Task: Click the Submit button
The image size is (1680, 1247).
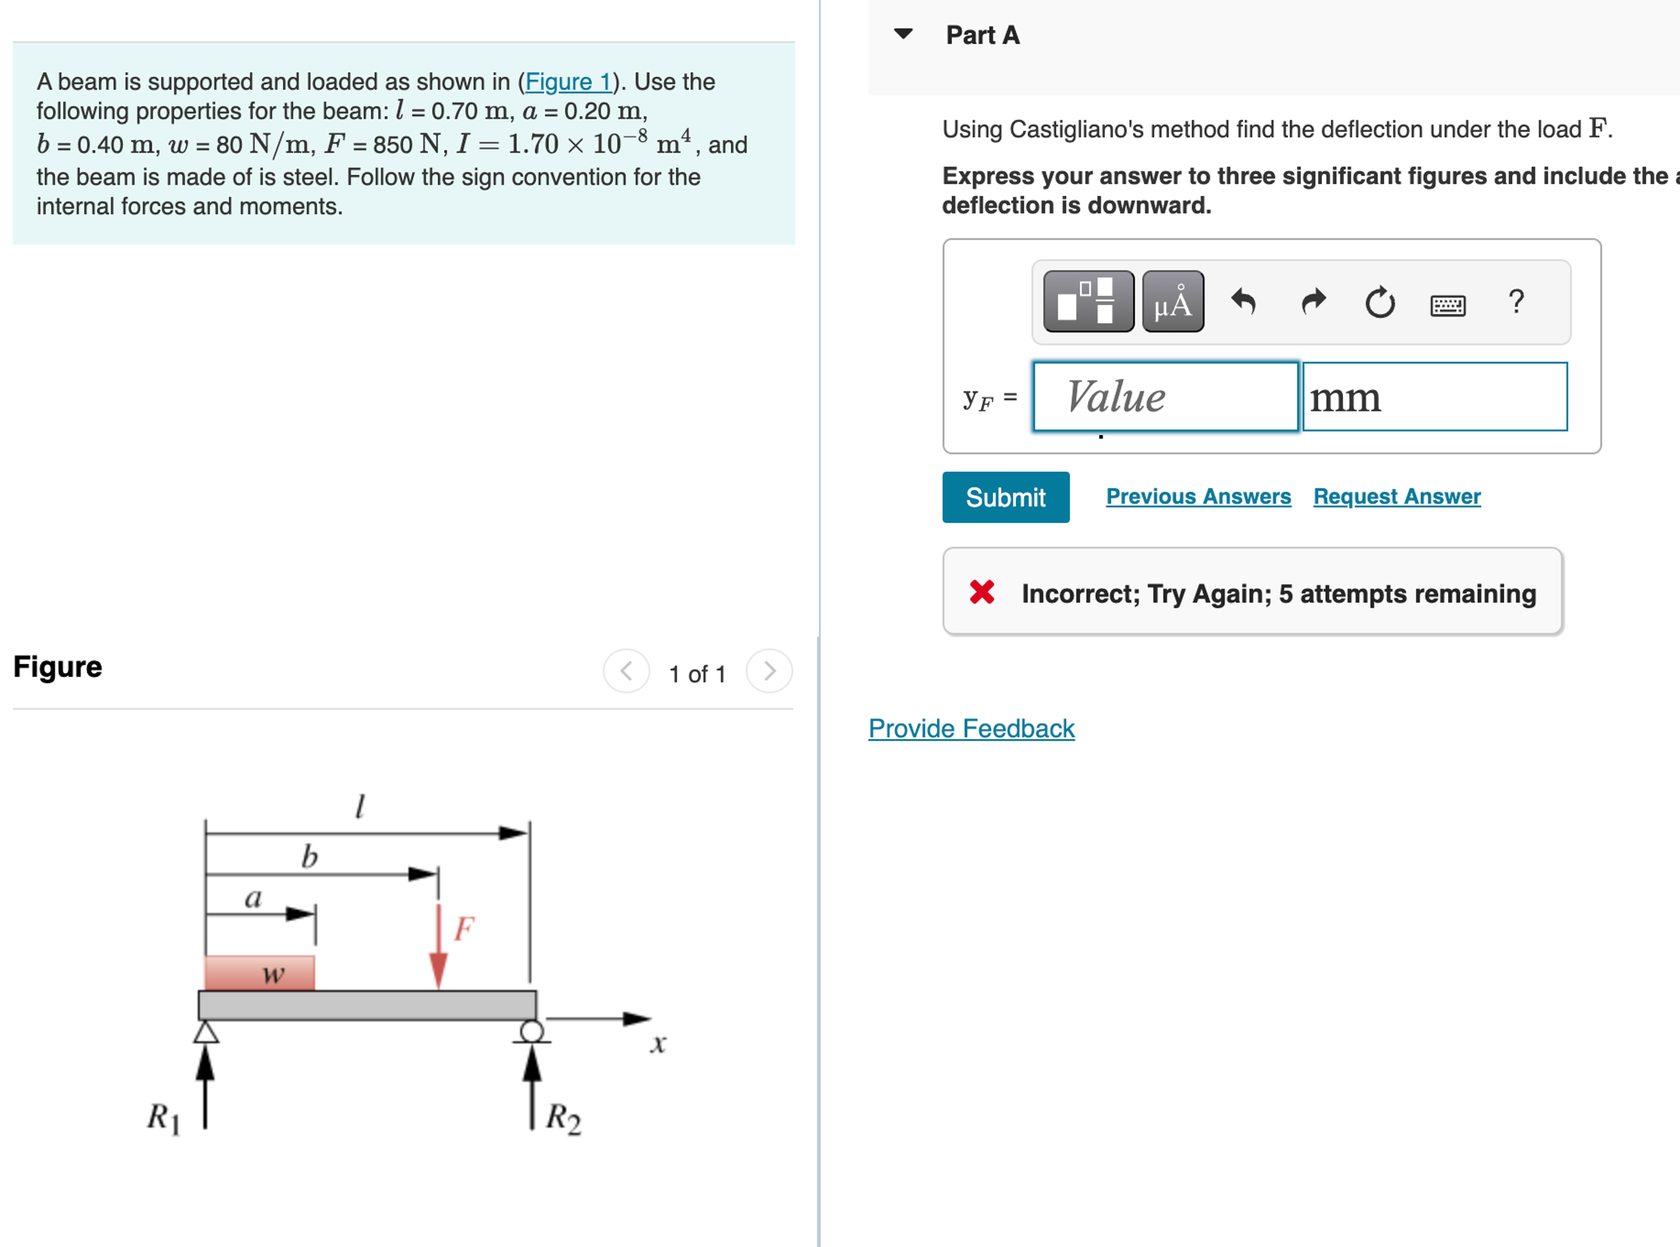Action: pyautogui.click(x=1005, y=497)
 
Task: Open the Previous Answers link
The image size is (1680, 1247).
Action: pyautogui.click(x=1198, y=497)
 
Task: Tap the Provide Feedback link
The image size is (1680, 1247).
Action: pyautogui.click(x=971, y=729)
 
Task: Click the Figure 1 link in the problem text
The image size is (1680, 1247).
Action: pyautogui.click(x=568, y=82)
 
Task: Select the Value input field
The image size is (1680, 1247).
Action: pyautogui.click(x=1165, y=397)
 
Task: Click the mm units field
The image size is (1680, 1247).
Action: pyautogui.click(x=1434, y=397)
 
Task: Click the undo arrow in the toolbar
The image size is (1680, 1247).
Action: pyautogui.click(x=1243, y=302)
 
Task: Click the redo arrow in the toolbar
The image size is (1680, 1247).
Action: pyautogui.click(x=1313, y=302)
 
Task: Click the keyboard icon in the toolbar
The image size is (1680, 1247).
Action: pyautogui.click(x=1447, y=305)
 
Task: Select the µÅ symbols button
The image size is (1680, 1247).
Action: pyautogui.click(x=1173, y=302)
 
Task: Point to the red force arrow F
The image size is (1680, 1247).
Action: pyautogui.click(x=438, y=948)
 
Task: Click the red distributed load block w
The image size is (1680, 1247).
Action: pyautogui.click(x=260, y=973)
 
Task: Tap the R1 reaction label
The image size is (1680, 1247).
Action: pyautogui.click(x=163, y=1117)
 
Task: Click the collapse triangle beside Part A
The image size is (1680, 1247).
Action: pyautogui.click(x=903, y=34)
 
